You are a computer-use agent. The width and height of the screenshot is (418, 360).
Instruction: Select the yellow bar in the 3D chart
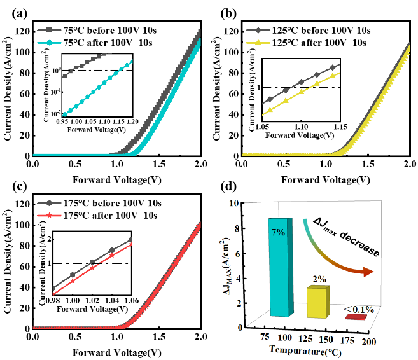[x=317, y=303]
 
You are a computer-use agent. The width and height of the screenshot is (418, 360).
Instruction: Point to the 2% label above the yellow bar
[x=319, y=279]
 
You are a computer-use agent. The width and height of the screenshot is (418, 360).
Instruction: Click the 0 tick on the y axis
[x=232, y=328]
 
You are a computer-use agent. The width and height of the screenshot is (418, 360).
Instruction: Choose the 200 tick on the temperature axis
[x=368, y=343]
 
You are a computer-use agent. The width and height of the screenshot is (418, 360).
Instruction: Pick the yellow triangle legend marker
[x=258, y=43]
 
